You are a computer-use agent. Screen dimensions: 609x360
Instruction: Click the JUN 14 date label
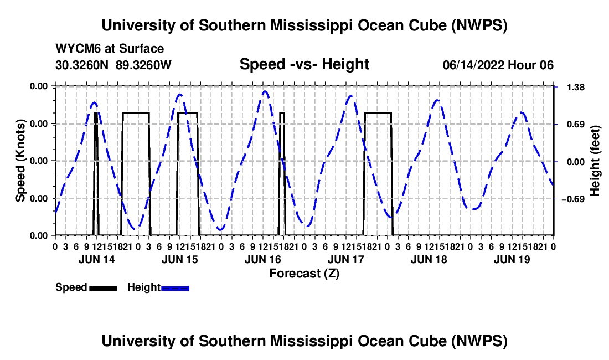click(x=97, y=259)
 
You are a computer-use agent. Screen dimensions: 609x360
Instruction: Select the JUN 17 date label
click(x=345, y=259)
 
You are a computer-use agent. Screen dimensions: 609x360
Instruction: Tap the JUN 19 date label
click(x=512, y=259)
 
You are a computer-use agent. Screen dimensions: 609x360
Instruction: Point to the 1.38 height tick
click(x=576, y=87)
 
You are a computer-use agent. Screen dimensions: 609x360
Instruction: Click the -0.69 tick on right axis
click(x=572, y=199)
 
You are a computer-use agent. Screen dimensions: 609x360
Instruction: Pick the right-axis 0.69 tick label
click(x=576, y=124)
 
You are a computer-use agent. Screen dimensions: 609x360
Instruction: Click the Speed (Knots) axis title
click(x=20, y=161)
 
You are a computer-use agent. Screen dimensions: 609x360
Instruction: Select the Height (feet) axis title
click(x=595, y=161)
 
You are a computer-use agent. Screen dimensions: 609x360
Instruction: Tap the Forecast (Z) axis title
click(x=304, y=274)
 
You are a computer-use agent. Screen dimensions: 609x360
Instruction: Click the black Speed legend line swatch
click(x=104, y=289)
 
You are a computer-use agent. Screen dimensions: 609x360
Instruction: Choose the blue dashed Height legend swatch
click(x=175, y=289)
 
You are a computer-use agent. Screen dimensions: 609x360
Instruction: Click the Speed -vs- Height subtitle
click(x=304, y=64)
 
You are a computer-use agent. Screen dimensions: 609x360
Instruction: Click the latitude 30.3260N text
click(x=81, y=65)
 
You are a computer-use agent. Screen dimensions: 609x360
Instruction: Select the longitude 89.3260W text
click(x=143, y=65)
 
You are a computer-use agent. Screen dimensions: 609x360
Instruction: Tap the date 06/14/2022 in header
click(x=473, y=65)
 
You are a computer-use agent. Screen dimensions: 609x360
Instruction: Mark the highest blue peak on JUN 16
click(x=265, y=91)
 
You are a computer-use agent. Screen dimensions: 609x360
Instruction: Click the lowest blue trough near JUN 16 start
click(x=220, y=229)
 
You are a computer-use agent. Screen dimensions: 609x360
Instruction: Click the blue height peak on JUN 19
click(x=521, y=112)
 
